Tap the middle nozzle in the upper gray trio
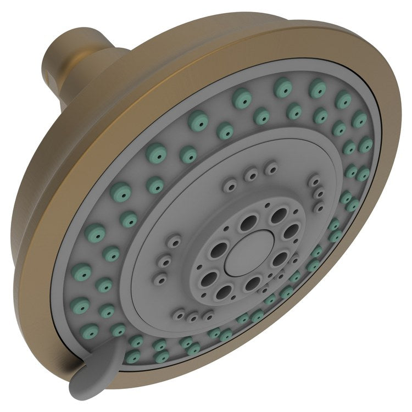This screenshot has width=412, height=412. click(x=251, y=175)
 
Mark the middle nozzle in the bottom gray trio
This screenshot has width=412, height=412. click(x=193, y=317)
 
